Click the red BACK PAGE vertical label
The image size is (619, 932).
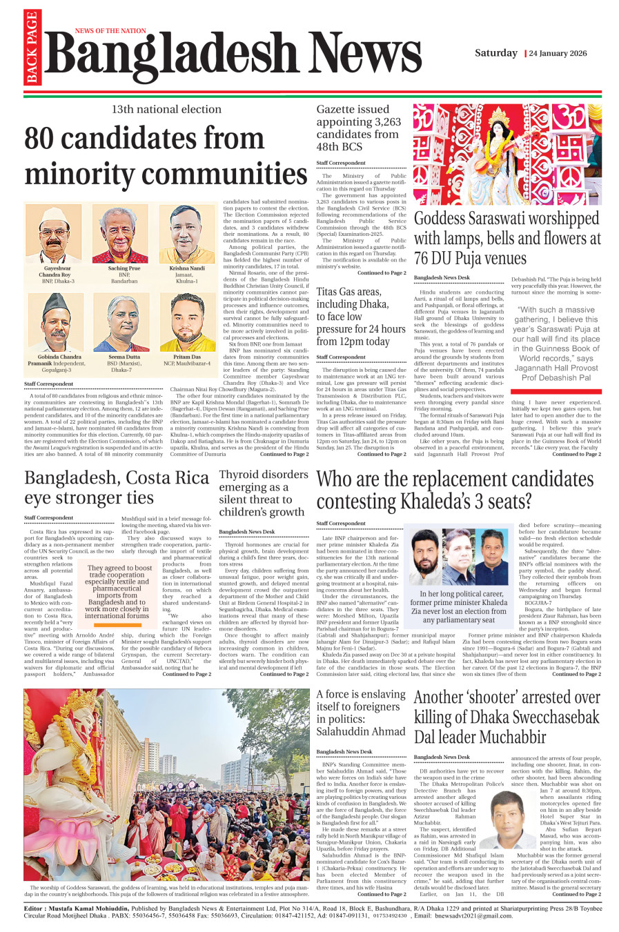[x=32, y=48]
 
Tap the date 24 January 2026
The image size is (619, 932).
[x=558, y=53]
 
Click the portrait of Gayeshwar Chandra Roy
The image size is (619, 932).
[x=57, y=234]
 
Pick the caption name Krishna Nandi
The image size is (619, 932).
[x=187, y=268]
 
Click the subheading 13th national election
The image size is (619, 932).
[x=166, y=109]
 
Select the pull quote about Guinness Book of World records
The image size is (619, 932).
[x=556, y=344]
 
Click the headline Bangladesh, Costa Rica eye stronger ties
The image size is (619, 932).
[x=117, y=487]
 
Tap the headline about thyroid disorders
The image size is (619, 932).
[x=263, y=493]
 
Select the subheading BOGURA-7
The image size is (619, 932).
[x=538, y=602]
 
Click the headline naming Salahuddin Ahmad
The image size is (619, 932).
[x=361, y=713]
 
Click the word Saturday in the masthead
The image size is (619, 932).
[x=495, y=53]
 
